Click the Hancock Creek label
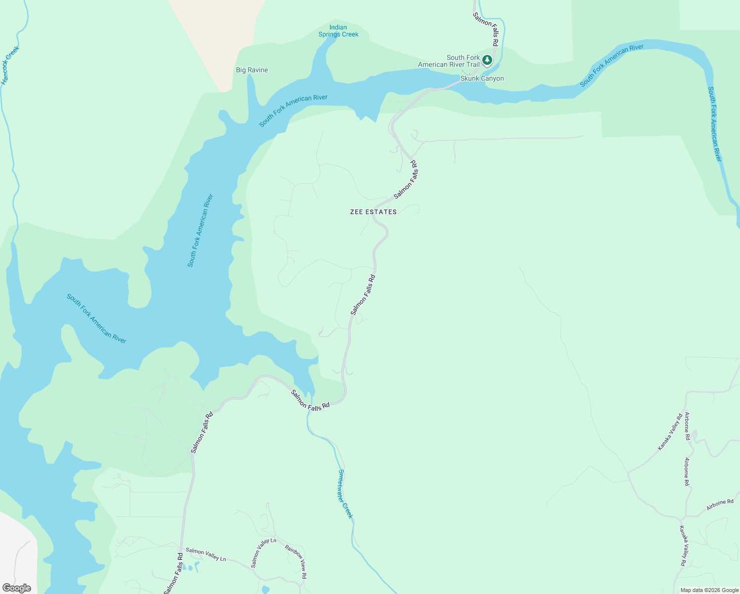pos(10,65)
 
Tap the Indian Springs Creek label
pos(338,31)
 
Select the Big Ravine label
pos(252,70)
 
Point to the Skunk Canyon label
pos(482,79)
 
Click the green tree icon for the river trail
pos(487,60)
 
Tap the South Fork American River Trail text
pos(449,61)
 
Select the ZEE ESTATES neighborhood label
pos(373,212)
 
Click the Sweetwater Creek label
pos(345,494)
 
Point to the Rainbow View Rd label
pos(296,561)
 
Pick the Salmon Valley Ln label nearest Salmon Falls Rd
pos(206,554)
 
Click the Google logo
pos(16,588)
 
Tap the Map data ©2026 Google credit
pos(709,590)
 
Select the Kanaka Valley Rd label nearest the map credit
pos(683,545)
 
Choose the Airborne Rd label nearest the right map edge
pos(720,504)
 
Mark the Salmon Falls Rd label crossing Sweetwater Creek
pos(310,400)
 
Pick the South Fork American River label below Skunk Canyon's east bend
pos(611,65)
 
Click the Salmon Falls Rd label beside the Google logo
pos(174,573)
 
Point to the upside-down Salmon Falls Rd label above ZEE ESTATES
pos(406,180)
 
